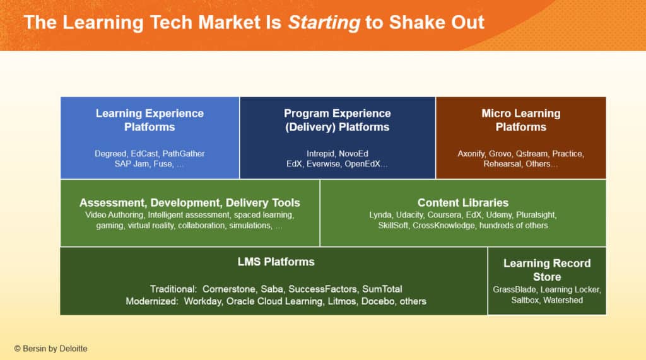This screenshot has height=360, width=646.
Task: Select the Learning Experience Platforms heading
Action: click(x=150, y=120)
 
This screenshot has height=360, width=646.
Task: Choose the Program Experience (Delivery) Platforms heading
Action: click(x=337, y=120)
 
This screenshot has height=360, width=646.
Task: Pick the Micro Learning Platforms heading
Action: click(x=520, y=120)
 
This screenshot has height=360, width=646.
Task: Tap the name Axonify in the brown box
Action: click(x=474, y=153)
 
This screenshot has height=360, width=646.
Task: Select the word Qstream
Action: click(x=533, y=153)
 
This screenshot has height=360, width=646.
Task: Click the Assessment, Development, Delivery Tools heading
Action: click(x=189, y=202)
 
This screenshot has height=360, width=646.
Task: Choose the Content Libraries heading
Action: click(x=462, y=202)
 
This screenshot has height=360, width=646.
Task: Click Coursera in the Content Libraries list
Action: click(x=449, y=215)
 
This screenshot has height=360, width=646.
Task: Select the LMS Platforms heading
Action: click(x=273, y=262)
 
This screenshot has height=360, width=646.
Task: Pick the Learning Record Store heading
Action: click(x=546, y=270)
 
